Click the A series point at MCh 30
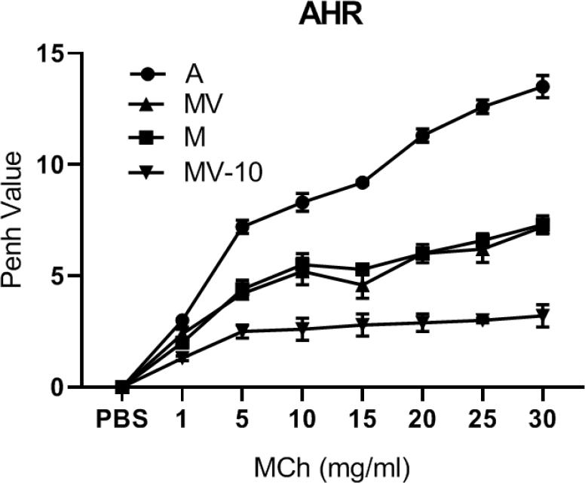(542, 87)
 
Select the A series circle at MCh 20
(422, 136)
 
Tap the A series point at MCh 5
(242, 226)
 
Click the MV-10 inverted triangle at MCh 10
(302, 329)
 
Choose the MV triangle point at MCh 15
(362, 286)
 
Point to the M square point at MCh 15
(362, 269)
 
